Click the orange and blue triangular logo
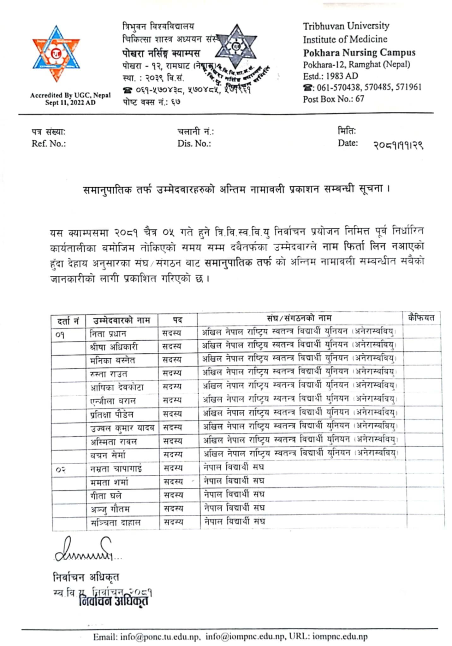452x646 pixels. [x=56, y=54]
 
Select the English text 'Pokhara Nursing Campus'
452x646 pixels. [x=359, y=52]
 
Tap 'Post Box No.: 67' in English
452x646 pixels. [x=334, y=99]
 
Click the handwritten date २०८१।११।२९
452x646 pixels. [x=398, y=145]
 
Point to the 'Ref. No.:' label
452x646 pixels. [x=49, y=144]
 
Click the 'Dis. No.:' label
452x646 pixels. [x=194, y=144]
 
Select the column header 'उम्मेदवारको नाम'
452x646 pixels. [x=121, y=320]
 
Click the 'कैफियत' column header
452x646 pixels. [x=421, y=318]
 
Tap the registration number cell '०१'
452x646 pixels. [x=60, y=334]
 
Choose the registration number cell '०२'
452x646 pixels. [x=61, y=470]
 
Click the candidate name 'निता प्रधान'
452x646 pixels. [x=108, y=333]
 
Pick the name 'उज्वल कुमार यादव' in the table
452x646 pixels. [x=122, y=428]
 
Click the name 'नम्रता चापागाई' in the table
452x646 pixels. [x=116, y=469]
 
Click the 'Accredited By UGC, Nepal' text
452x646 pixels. [x=70, y=95]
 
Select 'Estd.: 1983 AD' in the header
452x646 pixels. [x=330, y=76]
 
